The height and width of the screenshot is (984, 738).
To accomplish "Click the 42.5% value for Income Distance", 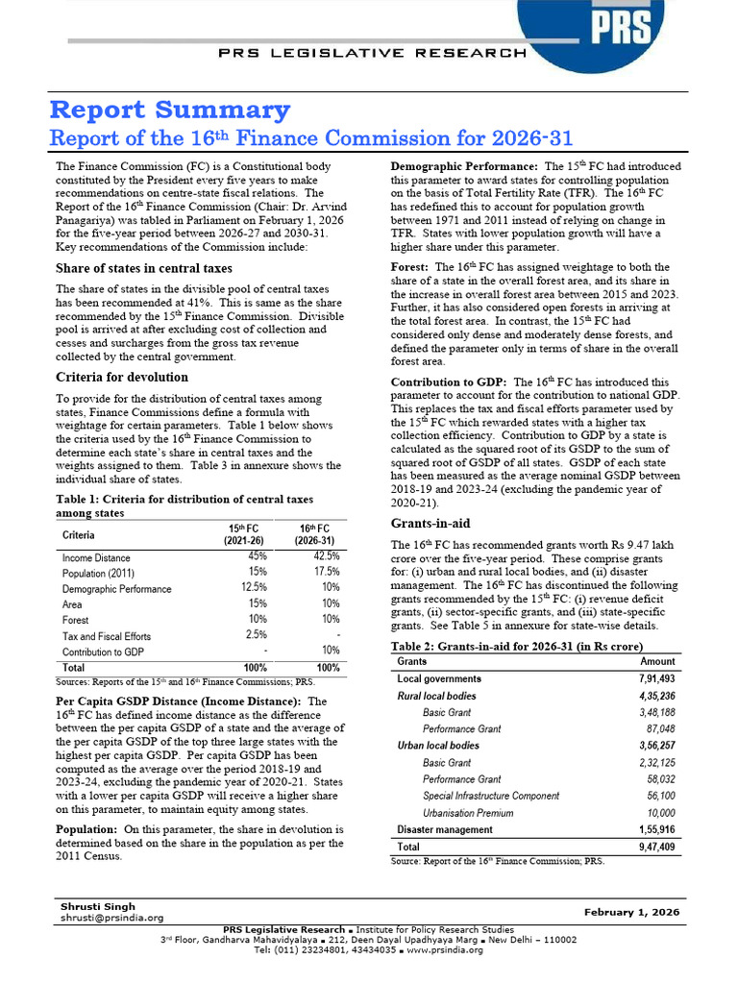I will click(x=327, y=556).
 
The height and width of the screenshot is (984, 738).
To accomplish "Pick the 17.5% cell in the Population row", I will click(x=327, y=572).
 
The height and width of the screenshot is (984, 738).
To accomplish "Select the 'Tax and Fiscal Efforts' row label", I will click(x=107, y=635).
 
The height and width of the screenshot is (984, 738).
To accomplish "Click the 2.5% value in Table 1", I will click(x=258, y=634).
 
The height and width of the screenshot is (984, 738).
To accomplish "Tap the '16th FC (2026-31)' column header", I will click(x=315, y=534).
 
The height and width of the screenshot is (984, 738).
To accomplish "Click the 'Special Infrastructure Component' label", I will click(x=491, y=796).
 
